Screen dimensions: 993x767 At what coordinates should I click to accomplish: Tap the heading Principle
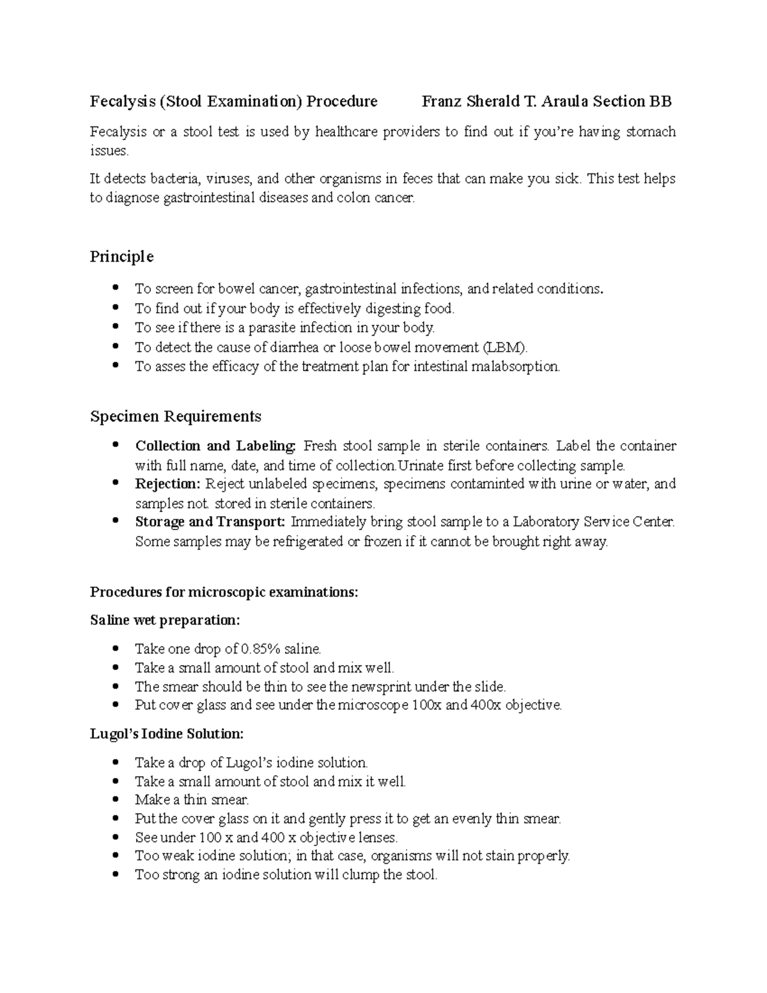121,256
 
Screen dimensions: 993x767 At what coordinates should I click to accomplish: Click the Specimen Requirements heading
175,416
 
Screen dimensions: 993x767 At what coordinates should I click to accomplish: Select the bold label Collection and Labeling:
216,446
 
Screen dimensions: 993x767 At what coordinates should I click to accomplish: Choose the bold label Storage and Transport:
210,522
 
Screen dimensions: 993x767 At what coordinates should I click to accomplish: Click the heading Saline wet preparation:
165,620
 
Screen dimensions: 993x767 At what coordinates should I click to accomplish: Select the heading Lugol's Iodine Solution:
166,733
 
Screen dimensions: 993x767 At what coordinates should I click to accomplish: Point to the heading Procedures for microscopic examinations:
224,592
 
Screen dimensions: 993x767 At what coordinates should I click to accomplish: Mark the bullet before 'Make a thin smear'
115,799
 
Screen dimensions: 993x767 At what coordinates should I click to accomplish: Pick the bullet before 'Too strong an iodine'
115,875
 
